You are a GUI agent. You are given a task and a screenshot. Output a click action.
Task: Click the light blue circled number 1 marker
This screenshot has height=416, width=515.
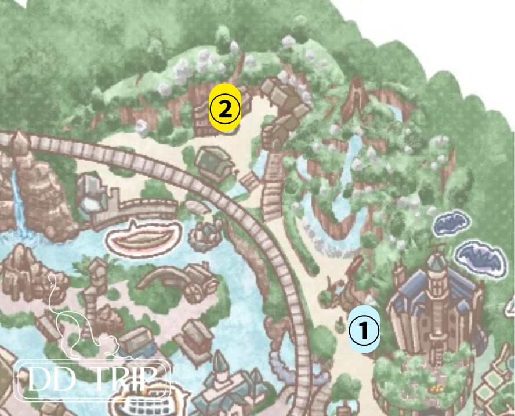click(x=364, y=331)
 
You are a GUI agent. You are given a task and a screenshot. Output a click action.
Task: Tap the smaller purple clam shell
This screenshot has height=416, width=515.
click(x=451, y=224)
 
